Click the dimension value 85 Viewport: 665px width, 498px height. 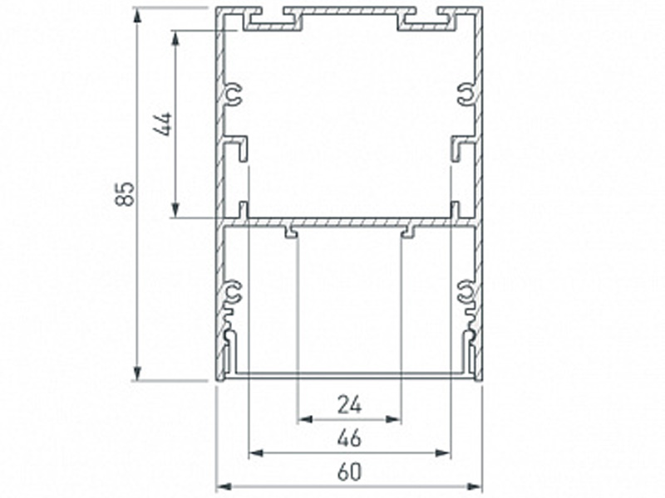pyautogui.click(x=126, y=194)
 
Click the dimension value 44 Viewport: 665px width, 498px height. pyautogui.click(x=162, y=124)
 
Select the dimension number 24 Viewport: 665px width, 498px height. pyautogui.click(x=350, y=405)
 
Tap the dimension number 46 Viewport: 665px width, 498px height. pyautogui.click(x=350, y=438)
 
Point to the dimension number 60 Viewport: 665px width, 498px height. pyautogui.click(x=350, y=471)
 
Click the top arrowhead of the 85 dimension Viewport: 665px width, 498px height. pyautogui.click(x=137, y=16)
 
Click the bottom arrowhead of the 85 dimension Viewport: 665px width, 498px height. pyautogui.click(x=137, y=373)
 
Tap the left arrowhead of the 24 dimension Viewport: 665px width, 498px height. pyautogui.click(x=305, y=420)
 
